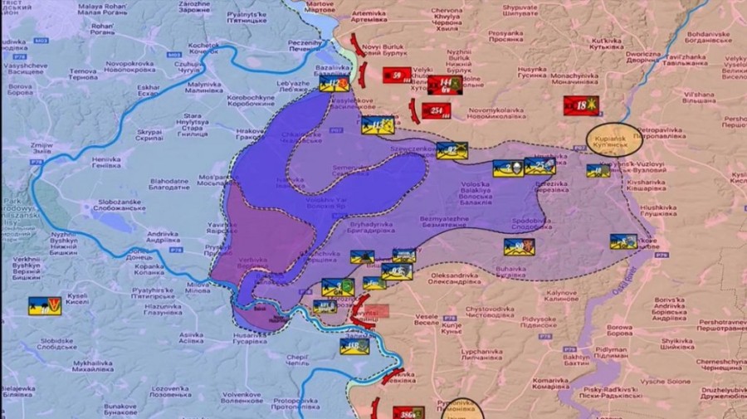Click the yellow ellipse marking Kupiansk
613,139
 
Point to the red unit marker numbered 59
398,76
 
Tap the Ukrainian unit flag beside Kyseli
45,305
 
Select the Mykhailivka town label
93,368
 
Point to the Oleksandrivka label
455,279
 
